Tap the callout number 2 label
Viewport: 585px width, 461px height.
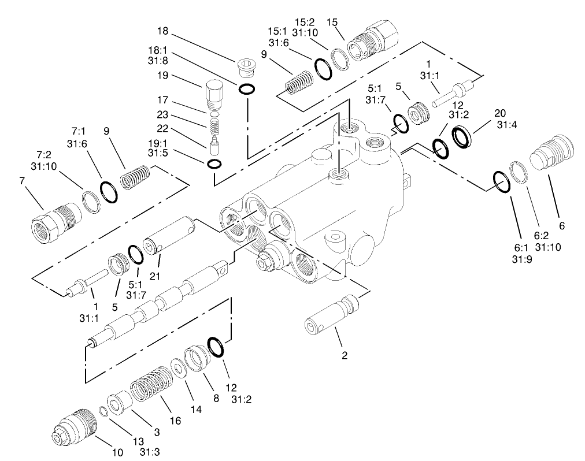tap(345, 355)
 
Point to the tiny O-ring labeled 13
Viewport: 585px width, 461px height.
tap(102, 412)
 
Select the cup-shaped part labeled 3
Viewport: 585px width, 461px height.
tap(120, 403)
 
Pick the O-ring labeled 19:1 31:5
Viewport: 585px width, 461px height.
tap(213, 165)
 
